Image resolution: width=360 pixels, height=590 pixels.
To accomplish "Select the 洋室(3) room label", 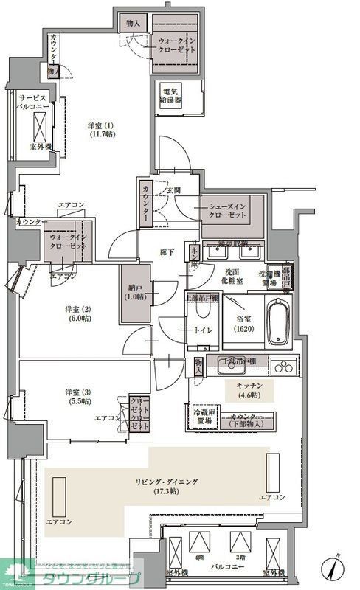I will coord(77,396).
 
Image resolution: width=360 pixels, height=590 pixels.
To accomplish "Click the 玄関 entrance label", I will coord(173,190).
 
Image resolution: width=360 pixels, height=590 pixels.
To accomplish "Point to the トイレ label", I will coord(204,330).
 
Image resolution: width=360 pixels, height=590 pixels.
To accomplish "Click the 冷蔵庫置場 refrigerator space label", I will coord(203,417).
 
